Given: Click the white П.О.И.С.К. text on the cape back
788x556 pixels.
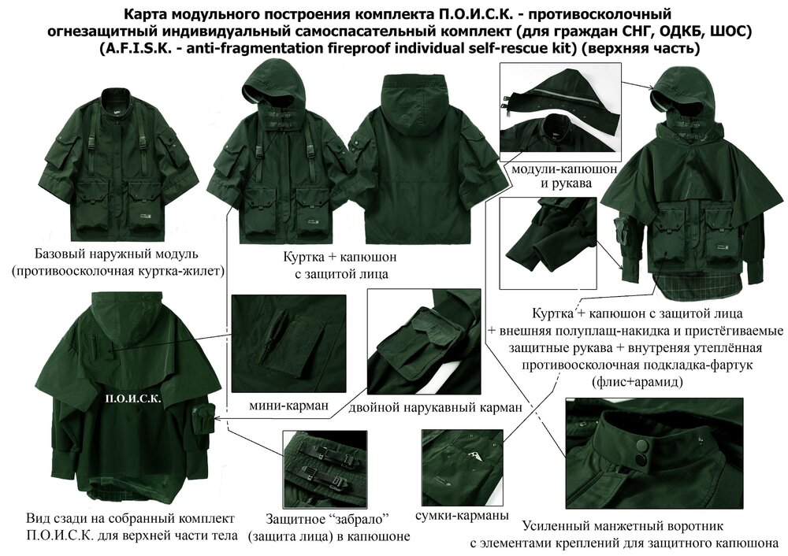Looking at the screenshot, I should coord(132,399).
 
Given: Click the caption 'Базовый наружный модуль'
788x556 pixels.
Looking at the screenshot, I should coord(116,255).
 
